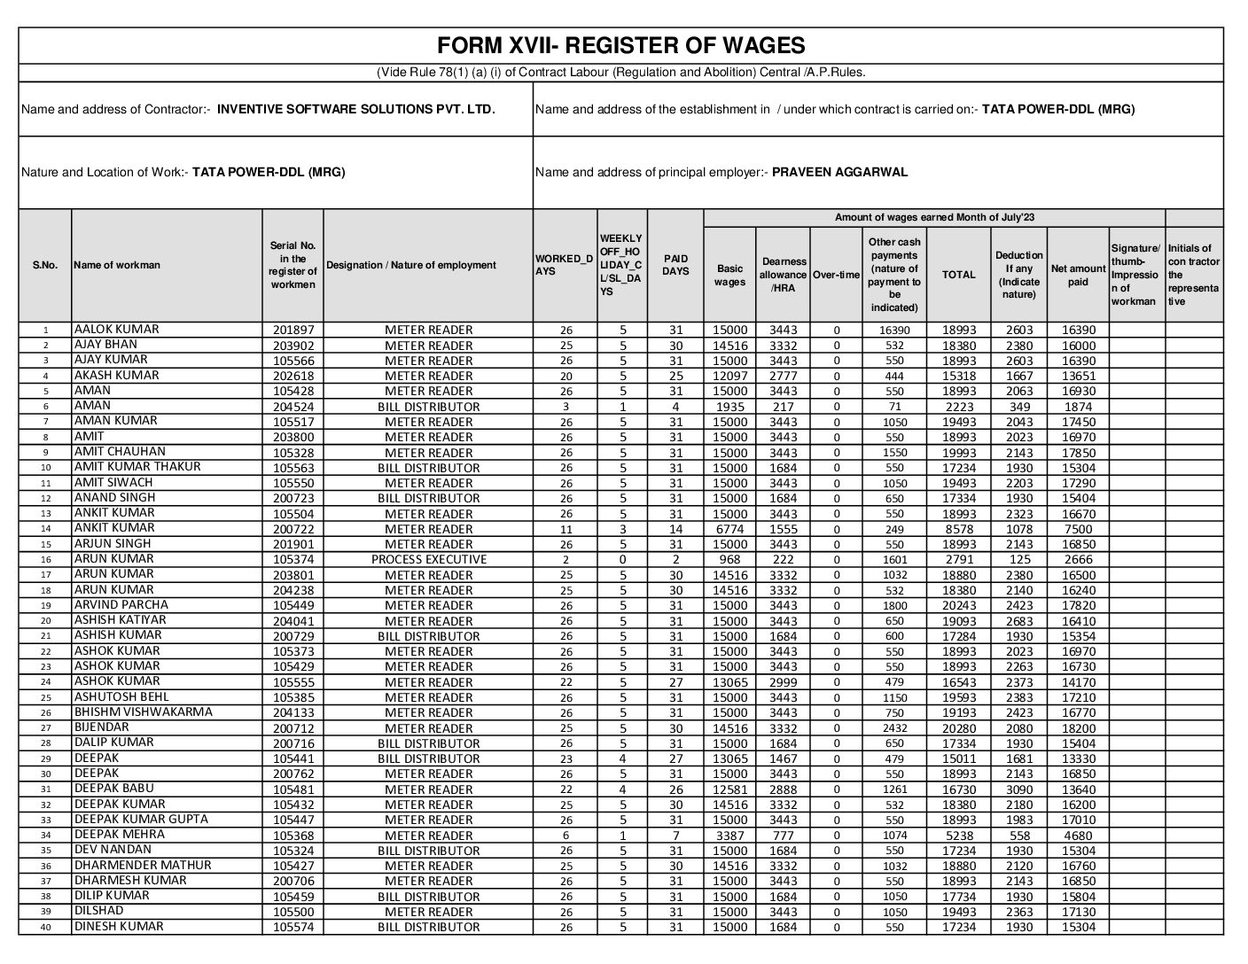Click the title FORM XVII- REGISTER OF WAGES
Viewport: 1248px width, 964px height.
pos(620,46)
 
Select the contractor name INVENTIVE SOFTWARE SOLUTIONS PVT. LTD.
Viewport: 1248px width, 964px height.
pos(356,110)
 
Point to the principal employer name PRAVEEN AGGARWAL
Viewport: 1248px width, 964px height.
pos(839,173)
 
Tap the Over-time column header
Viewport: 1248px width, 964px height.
pos(836,276)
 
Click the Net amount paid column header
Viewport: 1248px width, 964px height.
pos(1078,276)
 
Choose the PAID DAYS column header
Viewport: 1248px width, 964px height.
pos(675,266)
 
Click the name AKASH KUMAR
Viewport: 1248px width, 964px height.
pos(117,376)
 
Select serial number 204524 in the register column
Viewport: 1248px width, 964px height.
pos(293,407)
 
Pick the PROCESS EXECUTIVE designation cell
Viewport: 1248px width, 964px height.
pos(429,560)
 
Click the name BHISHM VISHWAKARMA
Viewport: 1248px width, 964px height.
pos(131,712)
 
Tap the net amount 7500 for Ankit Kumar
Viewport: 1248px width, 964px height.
pos(1078,529)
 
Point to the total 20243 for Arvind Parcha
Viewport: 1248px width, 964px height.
pos(958,606)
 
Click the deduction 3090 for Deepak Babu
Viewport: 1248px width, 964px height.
pos(1018,789)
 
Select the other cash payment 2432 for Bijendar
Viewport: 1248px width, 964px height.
pos(894,728)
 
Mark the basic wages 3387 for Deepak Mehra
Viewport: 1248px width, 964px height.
pos(730,836)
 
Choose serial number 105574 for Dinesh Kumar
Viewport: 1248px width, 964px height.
pos(293,928)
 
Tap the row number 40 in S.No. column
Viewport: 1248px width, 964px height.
pos(45,928)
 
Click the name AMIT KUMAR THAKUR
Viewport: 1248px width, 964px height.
pos(137,467)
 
